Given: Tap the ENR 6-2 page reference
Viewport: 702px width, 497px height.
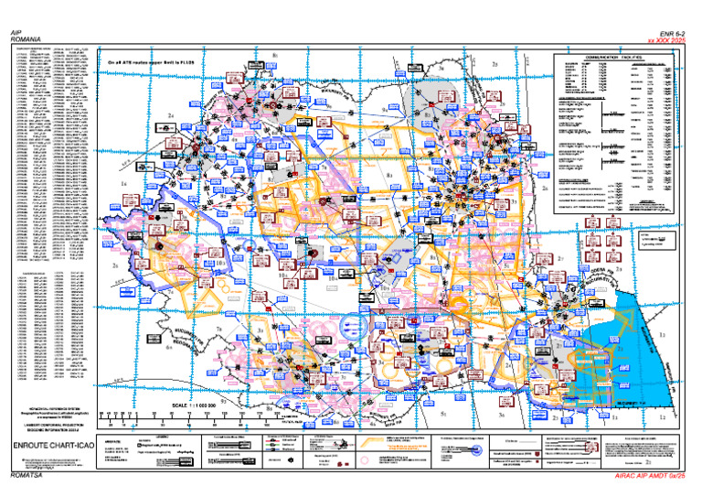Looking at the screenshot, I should pyautogui.click(x=674, y=32).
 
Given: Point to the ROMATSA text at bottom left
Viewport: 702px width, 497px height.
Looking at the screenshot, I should pyautogui.click(x=25, y=477).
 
